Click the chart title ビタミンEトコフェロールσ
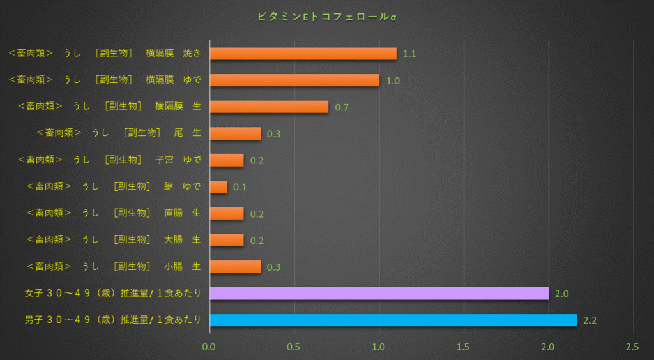pos(327,17)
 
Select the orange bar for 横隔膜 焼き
pos(303,54)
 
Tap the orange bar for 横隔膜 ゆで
pos(294,80)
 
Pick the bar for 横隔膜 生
pos(269,107)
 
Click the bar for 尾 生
pos(235,133)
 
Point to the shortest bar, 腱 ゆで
pos(218,187)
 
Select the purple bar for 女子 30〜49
pos(379,293)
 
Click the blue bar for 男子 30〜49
pos(393,320)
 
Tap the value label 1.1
pos(409,54)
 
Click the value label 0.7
pos(342,107)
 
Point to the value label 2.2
pos(589,320)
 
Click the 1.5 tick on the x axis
pos(463,347)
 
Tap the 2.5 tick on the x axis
pos(632,347)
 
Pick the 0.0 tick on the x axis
pos(209,347)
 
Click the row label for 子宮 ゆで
pos(109,160)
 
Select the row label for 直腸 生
pos(114,213)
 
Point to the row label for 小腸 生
pos(114,266)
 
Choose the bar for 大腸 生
pos(227,240)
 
